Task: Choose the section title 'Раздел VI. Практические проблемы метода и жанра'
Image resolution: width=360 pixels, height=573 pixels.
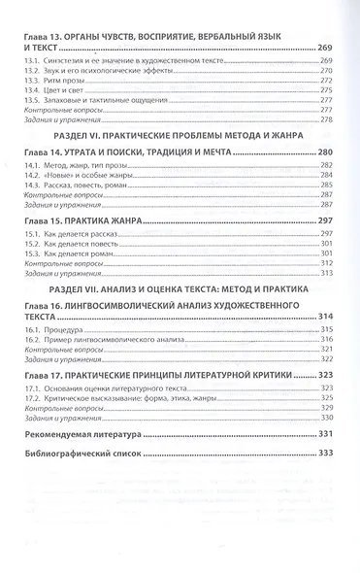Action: tap(180, 137)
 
